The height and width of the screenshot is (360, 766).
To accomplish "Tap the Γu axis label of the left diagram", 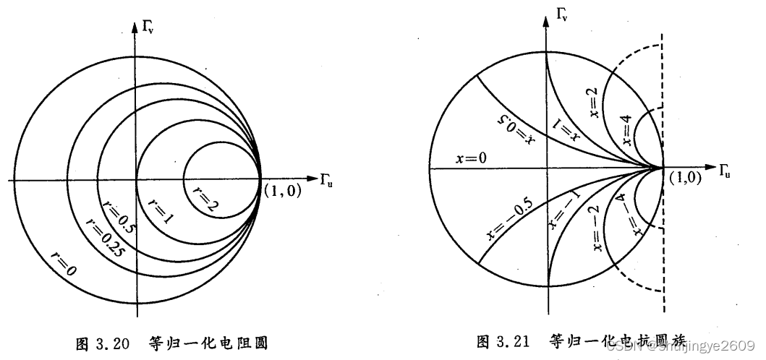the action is pyautogui.click(x=327, y=177).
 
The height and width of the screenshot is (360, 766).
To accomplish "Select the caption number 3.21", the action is pyautogui.click(x=515, y=340).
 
